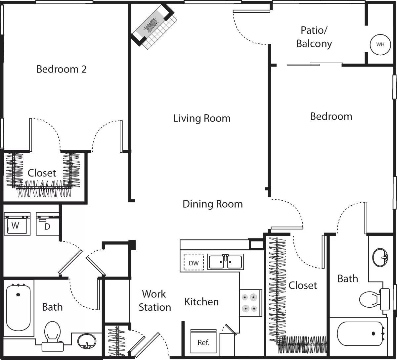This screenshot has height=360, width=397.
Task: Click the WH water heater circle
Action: pos(380,44)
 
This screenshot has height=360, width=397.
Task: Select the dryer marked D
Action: pos(47,224)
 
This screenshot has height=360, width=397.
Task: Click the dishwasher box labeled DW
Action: pos(194,263)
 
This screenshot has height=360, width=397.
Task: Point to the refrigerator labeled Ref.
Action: pos(203,341)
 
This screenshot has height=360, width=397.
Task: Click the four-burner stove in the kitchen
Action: pos(250,303)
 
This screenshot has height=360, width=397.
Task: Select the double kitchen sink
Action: pos(225,262)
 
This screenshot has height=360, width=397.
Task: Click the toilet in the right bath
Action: pos(372,298)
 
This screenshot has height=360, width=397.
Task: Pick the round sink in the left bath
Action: pos(87,341)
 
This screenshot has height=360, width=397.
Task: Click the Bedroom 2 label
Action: pos(61,69)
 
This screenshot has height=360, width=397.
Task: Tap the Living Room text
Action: pos(202,118)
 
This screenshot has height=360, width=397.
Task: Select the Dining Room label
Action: pos(212,204)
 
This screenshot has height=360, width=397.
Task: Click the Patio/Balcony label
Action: pos(314,37)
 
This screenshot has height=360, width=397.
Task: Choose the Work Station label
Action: pos(154,300)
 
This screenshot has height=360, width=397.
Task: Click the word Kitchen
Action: pos(201,301)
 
